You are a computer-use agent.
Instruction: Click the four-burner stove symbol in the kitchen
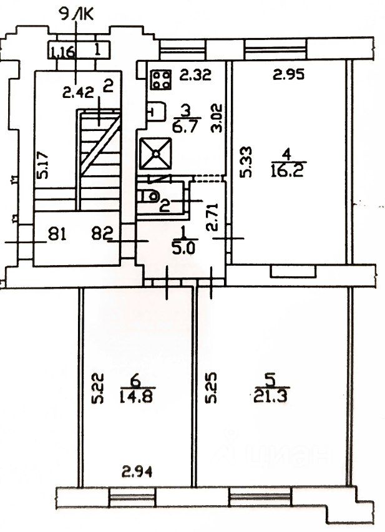click(160, 80)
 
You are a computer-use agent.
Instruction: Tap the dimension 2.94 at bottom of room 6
click(136, 472)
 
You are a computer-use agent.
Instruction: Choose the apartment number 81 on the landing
click(57, 235)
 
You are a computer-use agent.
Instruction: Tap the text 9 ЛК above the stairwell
click(74, 13)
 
